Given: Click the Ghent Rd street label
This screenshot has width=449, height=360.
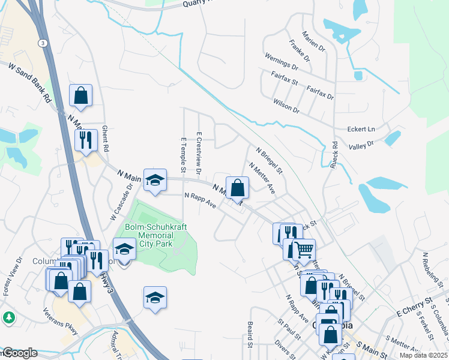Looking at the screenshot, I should coord(105,139).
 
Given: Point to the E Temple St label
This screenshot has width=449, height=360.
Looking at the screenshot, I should coord(184,152).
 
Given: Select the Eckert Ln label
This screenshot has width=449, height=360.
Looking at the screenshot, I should coord(361,129).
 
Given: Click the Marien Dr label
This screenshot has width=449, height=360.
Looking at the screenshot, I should coord(313,41).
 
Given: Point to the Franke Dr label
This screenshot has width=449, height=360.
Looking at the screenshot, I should coord(299,51).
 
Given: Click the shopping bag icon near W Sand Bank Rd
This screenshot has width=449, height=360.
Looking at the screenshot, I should coord(80,95).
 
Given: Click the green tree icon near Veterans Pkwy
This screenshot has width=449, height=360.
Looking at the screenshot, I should coord(9,317).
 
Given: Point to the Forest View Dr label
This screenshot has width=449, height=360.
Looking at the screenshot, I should coord(13,277).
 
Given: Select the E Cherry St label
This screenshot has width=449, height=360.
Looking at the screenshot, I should coord(414,307).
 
